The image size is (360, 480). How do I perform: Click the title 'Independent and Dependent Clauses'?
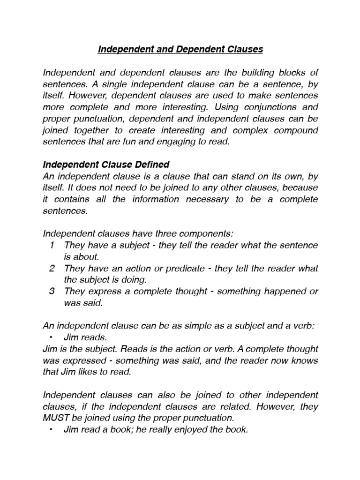pyautogui.click(x=180, y=49)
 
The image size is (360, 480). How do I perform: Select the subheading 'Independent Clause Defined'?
pyautogui.click(x=106, y=165)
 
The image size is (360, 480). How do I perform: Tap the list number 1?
pyautogui.click(x=51, y=245)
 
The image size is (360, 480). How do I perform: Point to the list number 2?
pyautogui.click(x=51, y=268)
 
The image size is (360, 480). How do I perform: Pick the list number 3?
pyautogui.click(x=51, y=291)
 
